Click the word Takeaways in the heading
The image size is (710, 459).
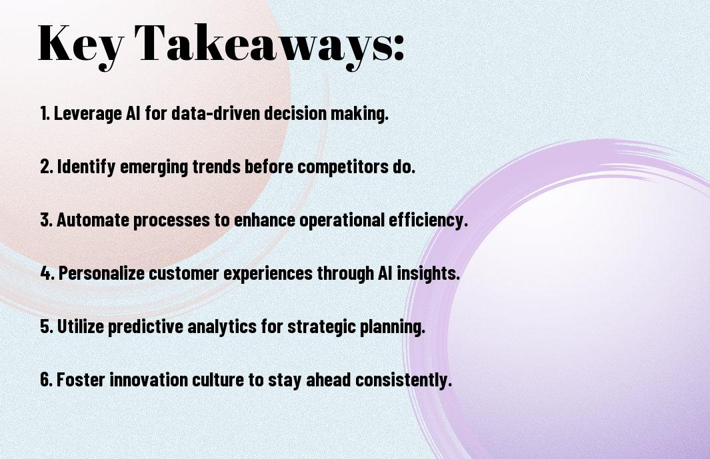[x=257, y=45]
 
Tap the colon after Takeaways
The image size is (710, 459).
[x=397, y=50]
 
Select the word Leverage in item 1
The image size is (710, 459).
[x=88, y=114]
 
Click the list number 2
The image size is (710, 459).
[x=47, y=167]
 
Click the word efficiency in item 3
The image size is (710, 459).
[x=428, y=221]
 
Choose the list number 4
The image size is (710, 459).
[x=47, y=273]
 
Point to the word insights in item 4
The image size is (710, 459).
[x=428, y=273]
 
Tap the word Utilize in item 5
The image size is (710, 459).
[x=81, y=326]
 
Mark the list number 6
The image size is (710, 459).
[x=47, y=379]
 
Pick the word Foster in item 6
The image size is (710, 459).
[x=81, y=379]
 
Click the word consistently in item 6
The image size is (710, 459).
[x=403, y=380]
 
